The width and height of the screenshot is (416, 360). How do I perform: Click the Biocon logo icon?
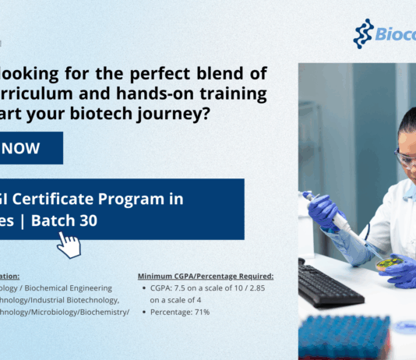pos(364,34)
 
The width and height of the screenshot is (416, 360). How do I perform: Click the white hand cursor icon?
pos(69,244)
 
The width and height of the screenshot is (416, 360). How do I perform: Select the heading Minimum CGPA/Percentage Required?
pos(205,276)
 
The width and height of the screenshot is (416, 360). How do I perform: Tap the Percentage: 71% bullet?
pos(180,312)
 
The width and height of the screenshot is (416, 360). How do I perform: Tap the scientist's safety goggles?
pos(405,158)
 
